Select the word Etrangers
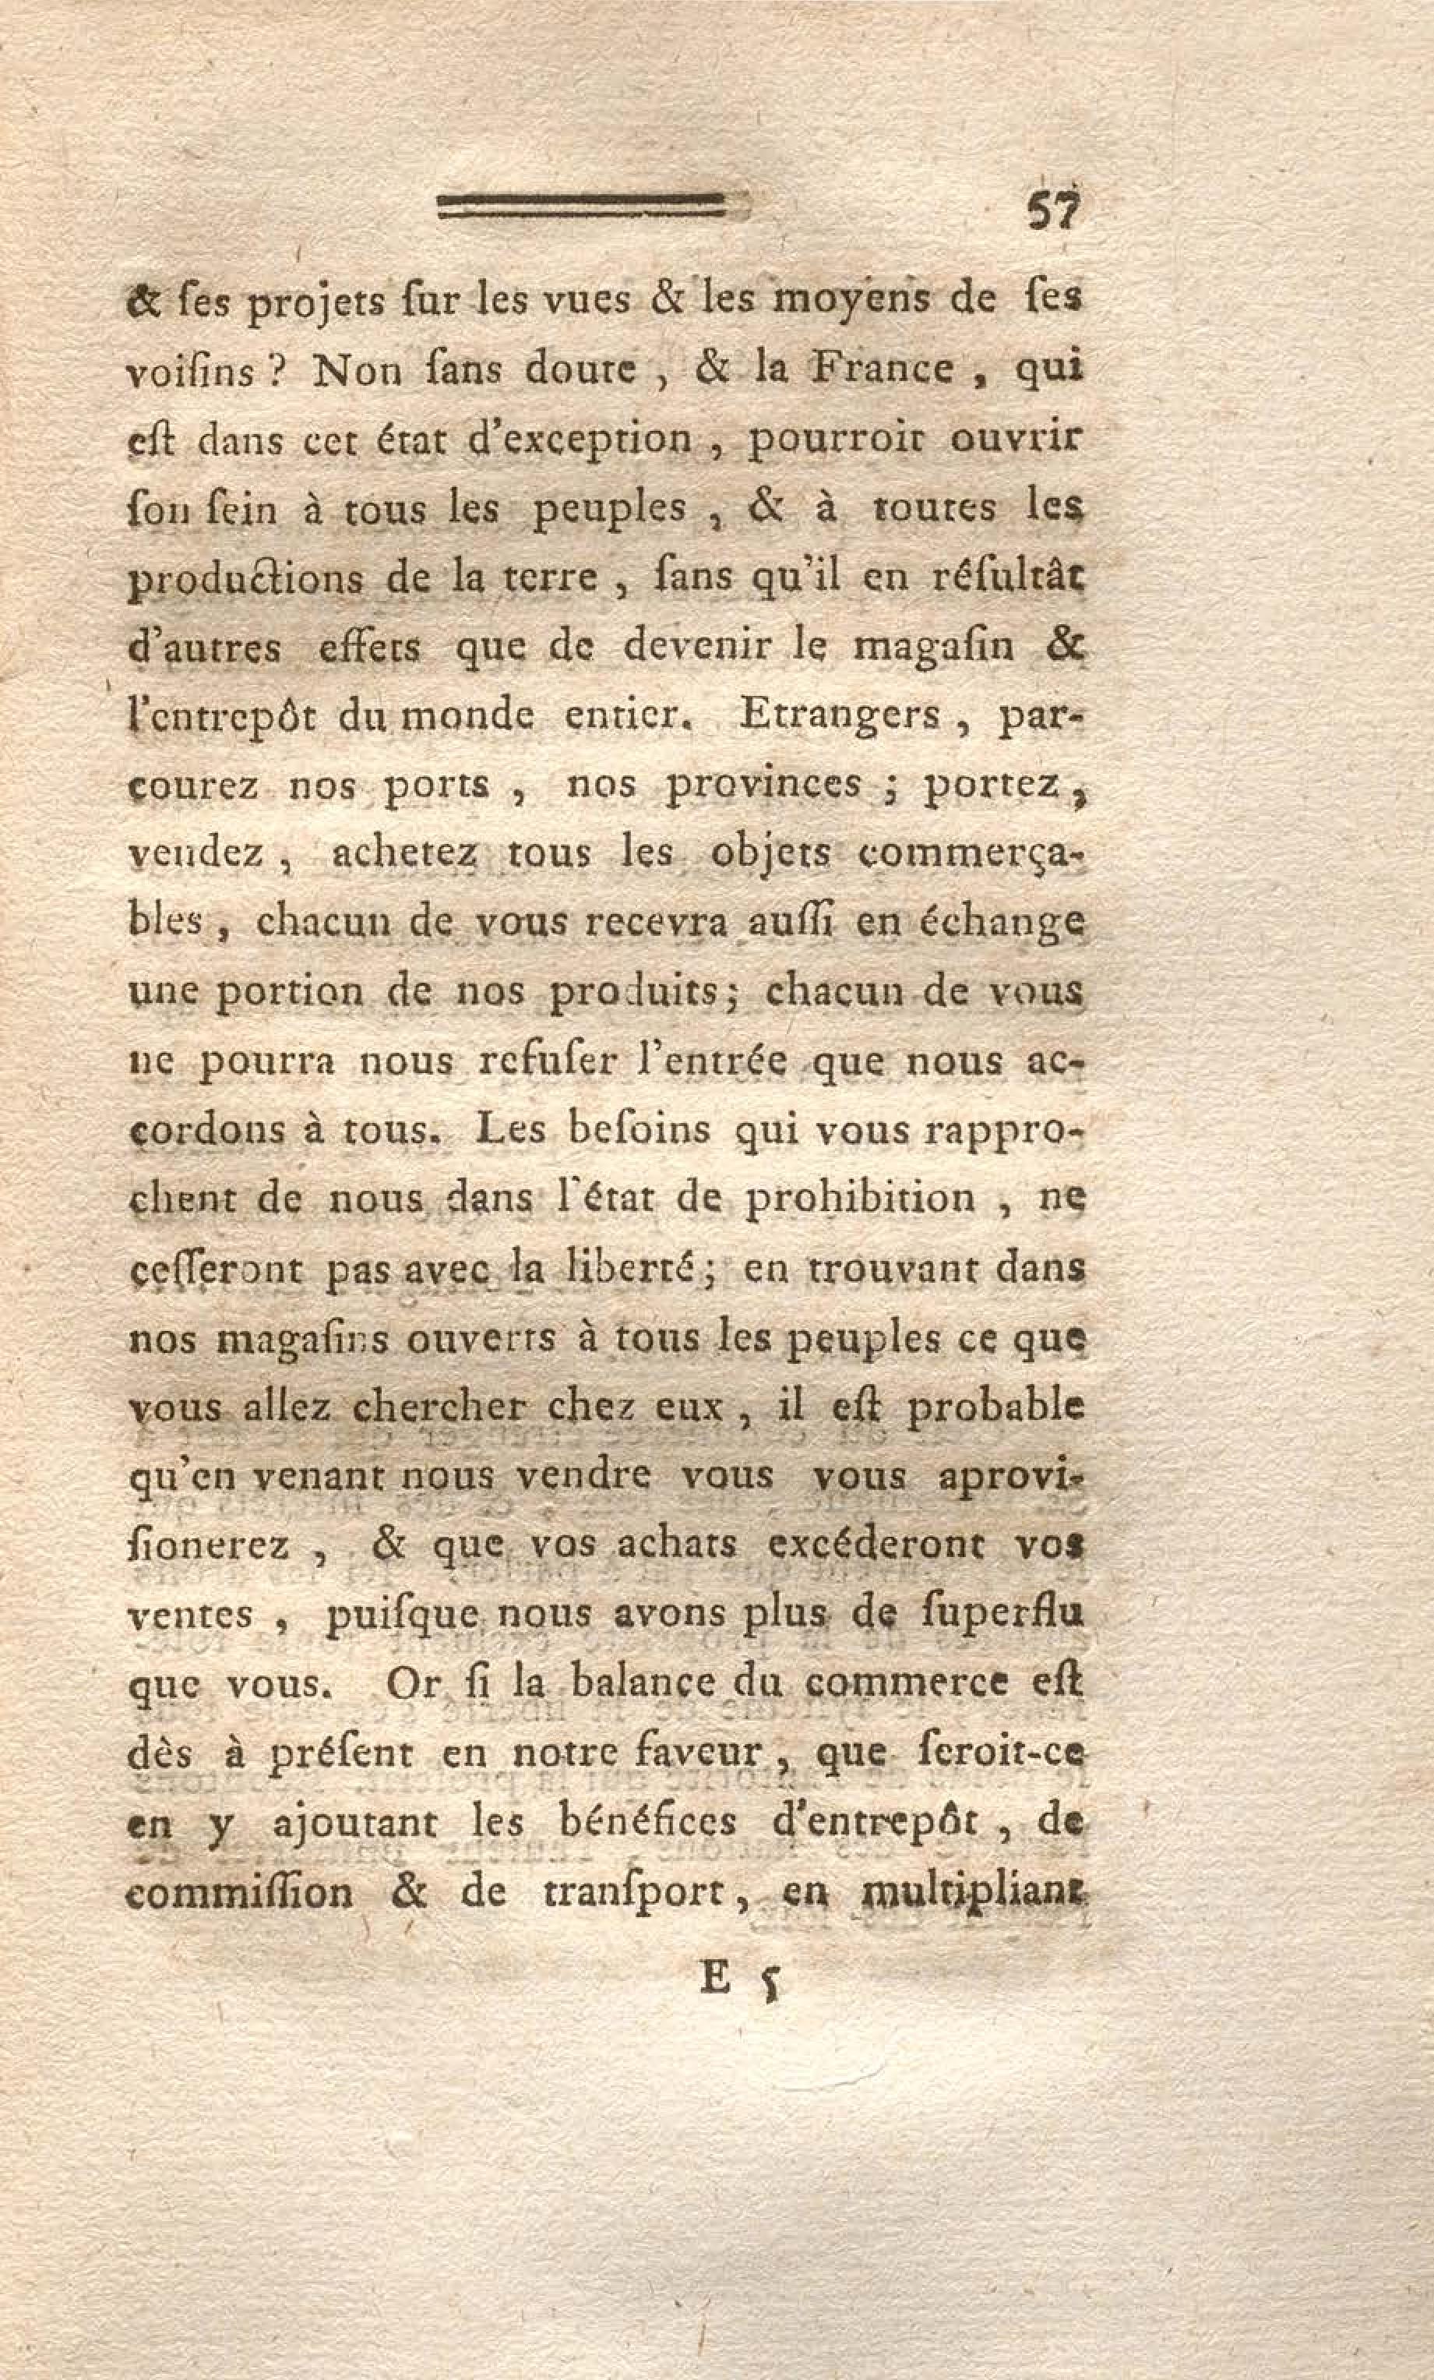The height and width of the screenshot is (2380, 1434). (x=840, y=717)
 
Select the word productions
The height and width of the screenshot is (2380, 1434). (x=246, y=581)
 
